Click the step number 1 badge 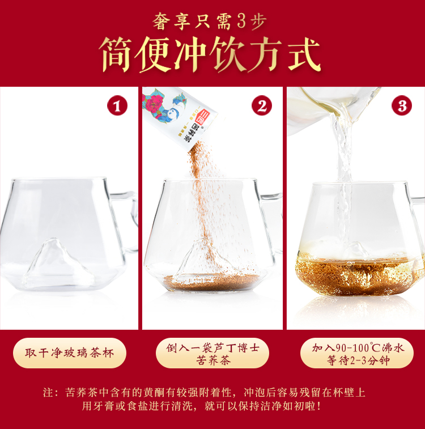tap(117, 105)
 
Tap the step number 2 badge tap(262, 105)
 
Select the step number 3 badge tap(402, 105)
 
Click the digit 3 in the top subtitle tap(241, 22)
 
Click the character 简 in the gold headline tap(116, 55)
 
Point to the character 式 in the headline tap(304, 55)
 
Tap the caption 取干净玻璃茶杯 tap(70, 353)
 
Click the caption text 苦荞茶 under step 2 tap(213, 360)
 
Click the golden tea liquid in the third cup tap(358, 277)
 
